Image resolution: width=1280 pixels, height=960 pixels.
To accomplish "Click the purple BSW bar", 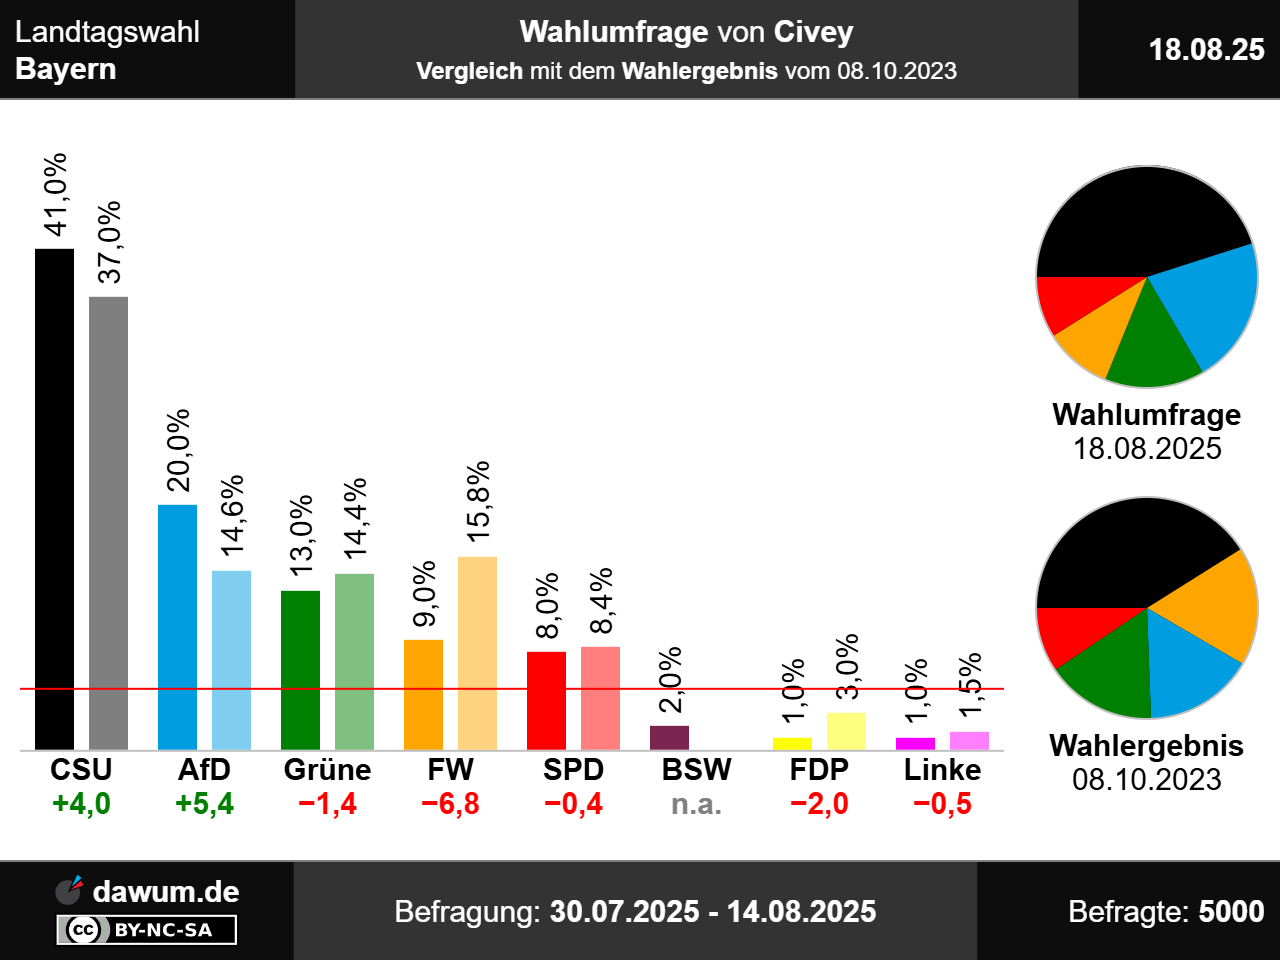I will pyautogui.click(x=669, y=738).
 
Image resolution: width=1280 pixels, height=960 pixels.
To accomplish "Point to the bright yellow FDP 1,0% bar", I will pyautogui.click(x=792, y=744).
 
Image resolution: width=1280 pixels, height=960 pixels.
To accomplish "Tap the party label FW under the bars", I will pyautogui.click(x=450, y=770).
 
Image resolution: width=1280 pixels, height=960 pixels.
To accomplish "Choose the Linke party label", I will pyautogui.click(x=942, y=770).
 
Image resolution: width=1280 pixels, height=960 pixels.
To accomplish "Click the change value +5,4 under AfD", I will pyautogui.click(x=204, y=804).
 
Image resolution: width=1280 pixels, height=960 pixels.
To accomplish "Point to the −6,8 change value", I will pyautogui.click(x=450, y=804).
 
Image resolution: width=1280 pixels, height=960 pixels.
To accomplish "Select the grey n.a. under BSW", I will pyautogui.click(x=696, y=804).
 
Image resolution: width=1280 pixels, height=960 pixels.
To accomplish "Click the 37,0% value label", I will pyautogui.click(x=109, y=242).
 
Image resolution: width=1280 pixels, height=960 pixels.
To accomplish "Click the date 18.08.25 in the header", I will pyautogui.click(x=1206, y=49).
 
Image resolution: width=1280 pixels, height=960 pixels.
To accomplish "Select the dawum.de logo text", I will pyautogui.click(x=165, y=892).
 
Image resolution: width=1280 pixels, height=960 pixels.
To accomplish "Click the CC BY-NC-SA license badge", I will pyautogui.click(x=147, y=930).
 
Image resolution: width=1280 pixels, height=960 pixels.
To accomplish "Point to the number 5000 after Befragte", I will pyautogui.click(x=1231, y=912).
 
